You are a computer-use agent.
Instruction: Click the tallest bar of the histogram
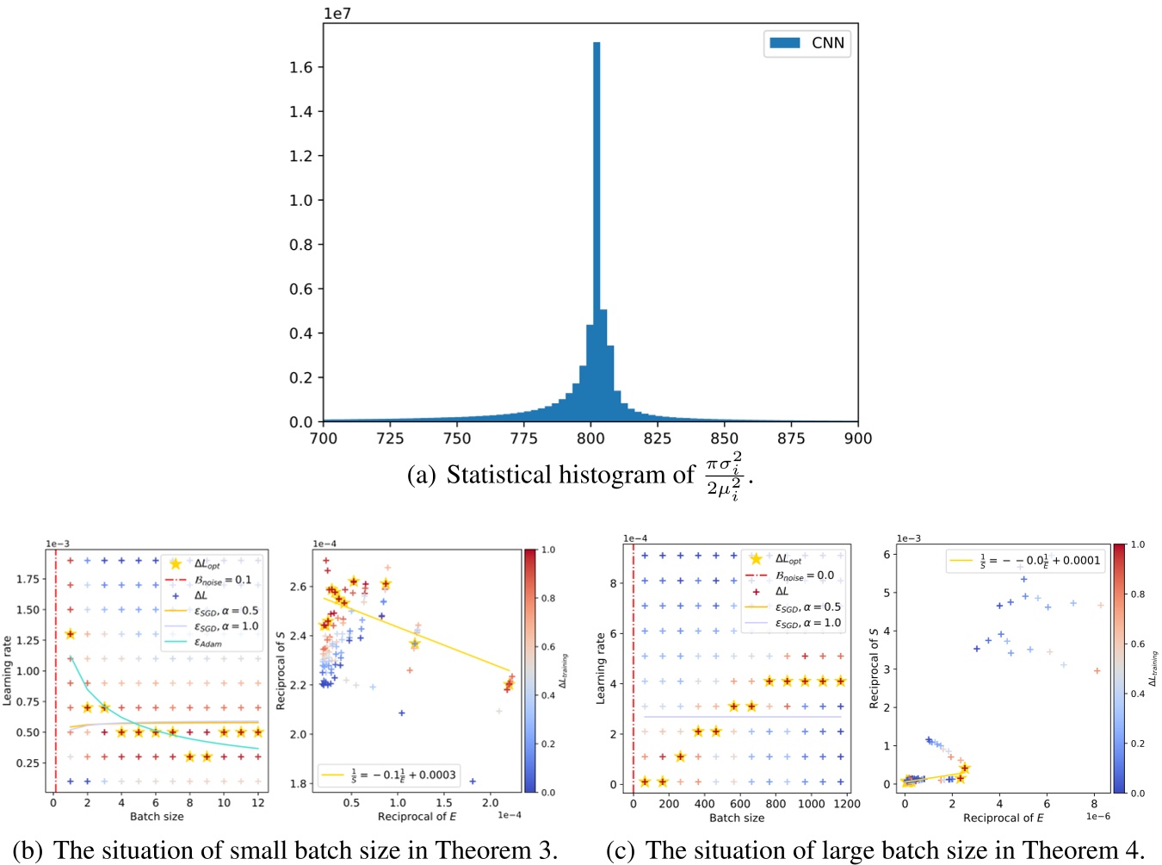[596, 233]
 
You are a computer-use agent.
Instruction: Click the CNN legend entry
[807, 43]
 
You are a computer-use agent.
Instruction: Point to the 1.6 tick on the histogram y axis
[300, 67]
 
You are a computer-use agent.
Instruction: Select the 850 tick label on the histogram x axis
[724, 439]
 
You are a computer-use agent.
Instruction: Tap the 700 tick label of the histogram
[324, 439]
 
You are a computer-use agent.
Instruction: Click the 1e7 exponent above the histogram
[337, 14]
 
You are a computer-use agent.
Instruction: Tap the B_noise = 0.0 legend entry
[804, 576]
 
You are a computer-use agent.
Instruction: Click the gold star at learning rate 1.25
[71, 634]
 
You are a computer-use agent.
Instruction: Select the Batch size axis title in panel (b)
[157, 816]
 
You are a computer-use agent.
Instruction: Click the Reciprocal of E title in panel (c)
[1003, 818]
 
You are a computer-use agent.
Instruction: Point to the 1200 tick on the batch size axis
[847, 803]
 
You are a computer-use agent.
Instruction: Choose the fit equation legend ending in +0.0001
[1025, 560]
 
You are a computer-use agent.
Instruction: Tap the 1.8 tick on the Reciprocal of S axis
[297, 783]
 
